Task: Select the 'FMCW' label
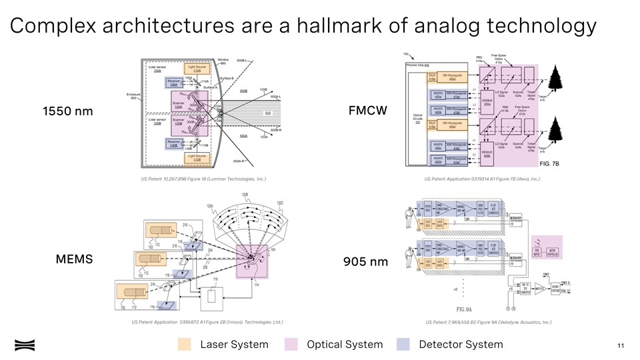tap(367, 109)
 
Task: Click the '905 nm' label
tap(365, 261)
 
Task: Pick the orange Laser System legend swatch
tap(185, 344)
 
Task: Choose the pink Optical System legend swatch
tap(291, 344)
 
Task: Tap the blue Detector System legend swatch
tap(403, 344)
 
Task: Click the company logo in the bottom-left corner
tap(25, 344)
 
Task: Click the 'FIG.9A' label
tap(464, 309)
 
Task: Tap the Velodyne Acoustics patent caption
tap(489, 323)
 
